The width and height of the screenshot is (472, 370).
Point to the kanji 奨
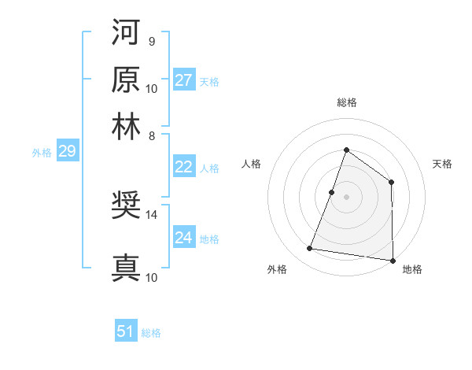[x=126, y=206]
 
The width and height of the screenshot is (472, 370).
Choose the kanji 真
[x=126, y=268]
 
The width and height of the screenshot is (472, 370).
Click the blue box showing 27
[x=184, y=80]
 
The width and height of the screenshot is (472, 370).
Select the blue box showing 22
[x=184, y=167]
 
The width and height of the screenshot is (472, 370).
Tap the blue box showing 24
[x=184, y=238]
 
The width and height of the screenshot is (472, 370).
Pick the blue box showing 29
[x=67, y=151]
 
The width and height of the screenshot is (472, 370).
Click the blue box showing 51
[x=126, y=331]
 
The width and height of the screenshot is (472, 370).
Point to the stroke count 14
[x=152, y=214]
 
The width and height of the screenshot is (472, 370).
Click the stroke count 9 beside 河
[x=151, y=41]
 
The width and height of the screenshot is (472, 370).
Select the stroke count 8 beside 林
[x=151, y=135]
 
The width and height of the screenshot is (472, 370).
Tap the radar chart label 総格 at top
[x=346, y=102]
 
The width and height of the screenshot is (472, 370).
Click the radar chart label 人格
[x=252, y=164]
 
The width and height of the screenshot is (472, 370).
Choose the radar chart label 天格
[x=442, y=164]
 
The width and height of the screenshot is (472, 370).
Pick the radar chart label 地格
[x=412, y=270]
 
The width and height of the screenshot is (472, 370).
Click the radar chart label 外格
[x=277, y=270]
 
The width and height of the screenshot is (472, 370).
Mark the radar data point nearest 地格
[x=392, y=260]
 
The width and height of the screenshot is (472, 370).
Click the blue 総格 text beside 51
[x=151, y=333]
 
